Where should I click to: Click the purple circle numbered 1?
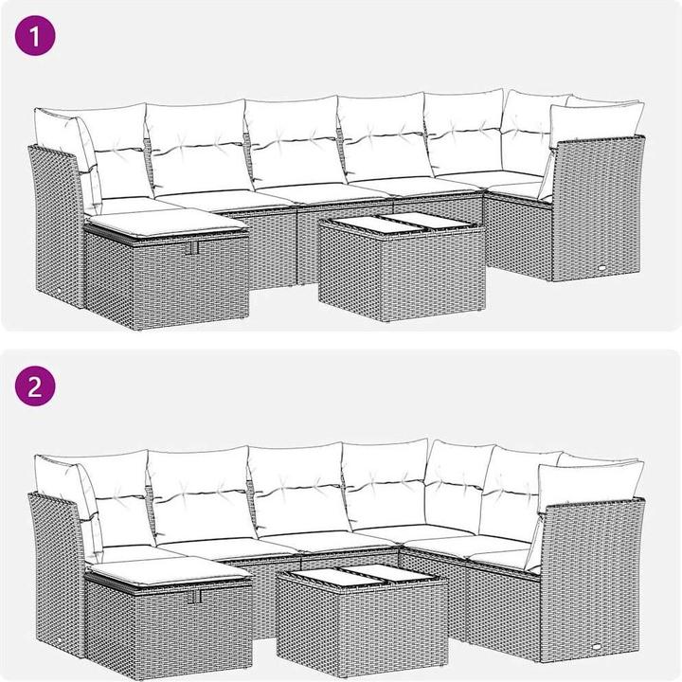(x=35, y=36)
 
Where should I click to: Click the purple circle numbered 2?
(x=35, y=386)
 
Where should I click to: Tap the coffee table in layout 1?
(x=402, y=266)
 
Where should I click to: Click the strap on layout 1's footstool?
(x=193, y=247)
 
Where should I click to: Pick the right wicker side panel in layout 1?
(x=598, y=208)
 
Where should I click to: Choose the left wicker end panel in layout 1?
(x=57, y=226)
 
